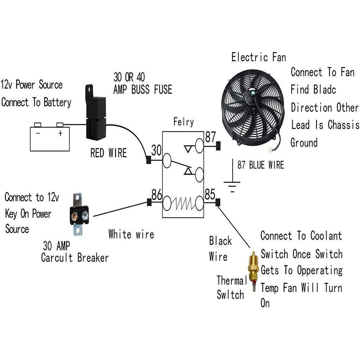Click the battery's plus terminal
pos(60,125)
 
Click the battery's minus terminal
pos(37,125)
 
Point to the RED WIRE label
pos(108,153)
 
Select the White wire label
pos(131,235)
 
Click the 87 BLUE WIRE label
pos(260,165)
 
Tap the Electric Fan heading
pos(258,57)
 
